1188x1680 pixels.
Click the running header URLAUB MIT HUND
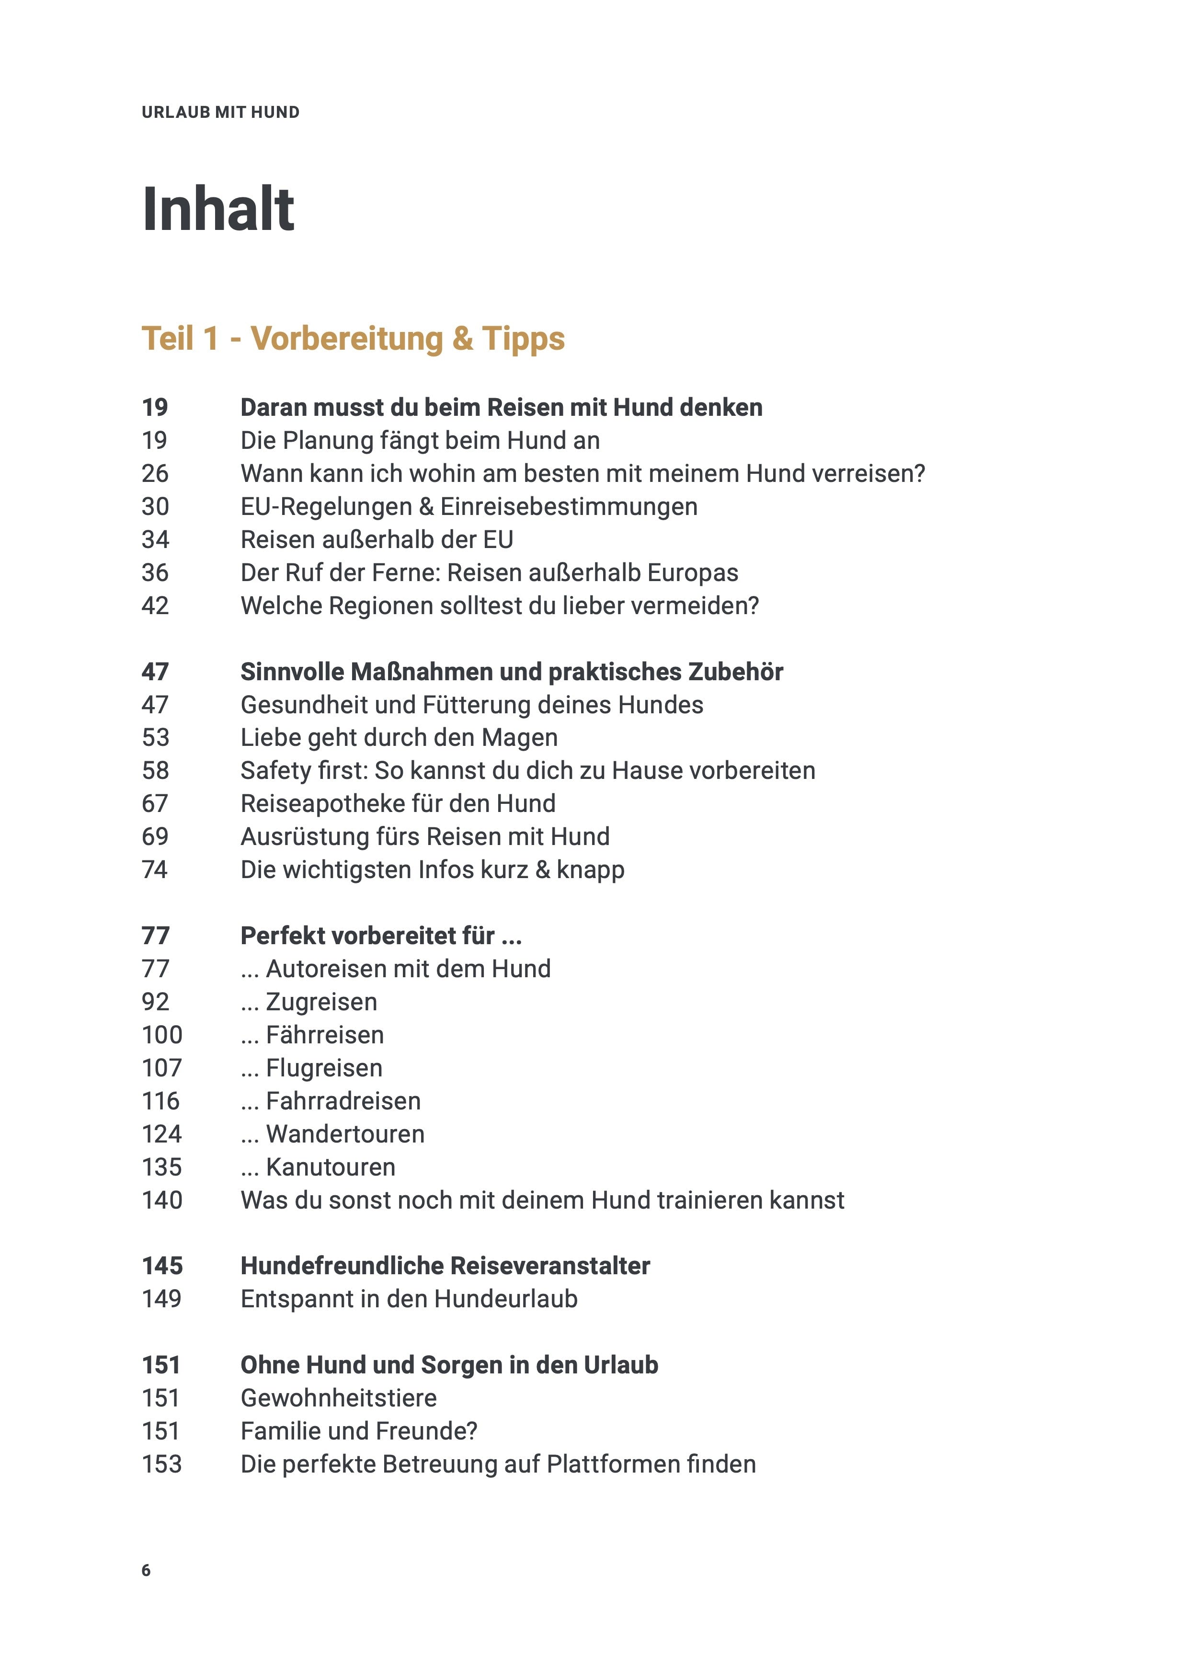[220, 112]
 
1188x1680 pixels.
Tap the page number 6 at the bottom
[146, 1570]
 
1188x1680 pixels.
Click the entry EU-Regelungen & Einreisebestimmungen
[469, 506]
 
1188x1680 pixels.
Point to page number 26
[155, 473]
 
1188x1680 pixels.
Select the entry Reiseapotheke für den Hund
[398, 803]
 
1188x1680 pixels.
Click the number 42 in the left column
[155, 606]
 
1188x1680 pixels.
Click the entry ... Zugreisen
[308, 1002]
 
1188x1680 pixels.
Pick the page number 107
[161, 1068]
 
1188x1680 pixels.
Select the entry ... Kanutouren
[318, 1167]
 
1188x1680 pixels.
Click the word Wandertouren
[345, 1134]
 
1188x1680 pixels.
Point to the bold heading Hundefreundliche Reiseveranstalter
[445, 1266]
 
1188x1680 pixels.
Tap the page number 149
[161, 1299]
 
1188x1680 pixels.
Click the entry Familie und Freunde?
[358, 1431]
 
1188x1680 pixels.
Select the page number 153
[161, 1464]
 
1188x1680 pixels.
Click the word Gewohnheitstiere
[339, 1398]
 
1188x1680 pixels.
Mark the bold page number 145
[161, 1266]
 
